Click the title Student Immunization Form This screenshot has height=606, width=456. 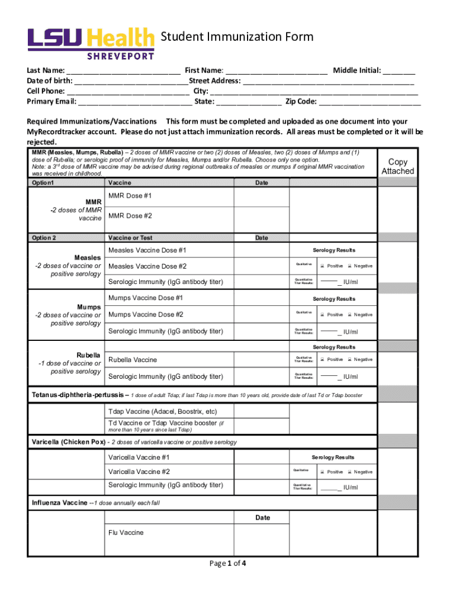click(x=237, y=38)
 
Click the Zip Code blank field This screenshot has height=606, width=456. click(x=370, y=102)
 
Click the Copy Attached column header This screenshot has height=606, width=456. click(x=397, y=166)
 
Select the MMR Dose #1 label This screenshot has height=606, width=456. click(x=130, y=196)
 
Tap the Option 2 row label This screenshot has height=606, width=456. click(x=44, y=238)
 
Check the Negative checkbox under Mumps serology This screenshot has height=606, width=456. click(x=350, y=315)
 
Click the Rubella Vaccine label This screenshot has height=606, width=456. click(x=133, y=360)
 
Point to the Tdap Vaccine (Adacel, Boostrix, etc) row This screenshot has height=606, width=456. click(x=162, y=412)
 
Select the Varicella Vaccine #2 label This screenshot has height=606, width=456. click(x=139, y=472)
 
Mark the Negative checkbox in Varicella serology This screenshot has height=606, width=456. click(x=350, y=472)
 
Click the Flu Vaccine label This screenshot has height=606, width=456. click(x=126, y=533)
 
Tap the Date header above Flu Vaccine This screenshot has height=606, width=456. click(x=262, y=518)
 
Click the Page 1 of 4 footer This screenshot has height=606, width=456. click(x=228, y=563)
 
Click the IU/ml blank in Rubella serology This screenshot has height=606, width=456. click(x=329, y=376)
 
